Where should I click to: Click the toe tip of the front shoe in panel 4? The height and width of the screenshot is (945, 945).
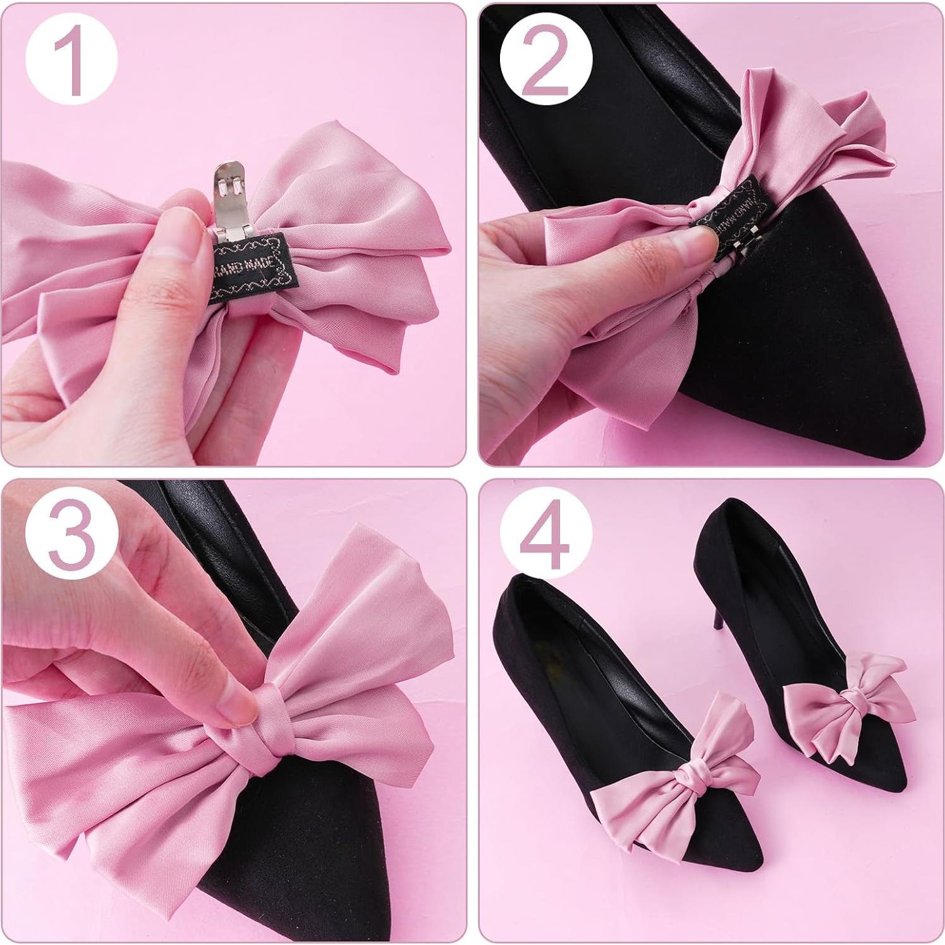[755, 882]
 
